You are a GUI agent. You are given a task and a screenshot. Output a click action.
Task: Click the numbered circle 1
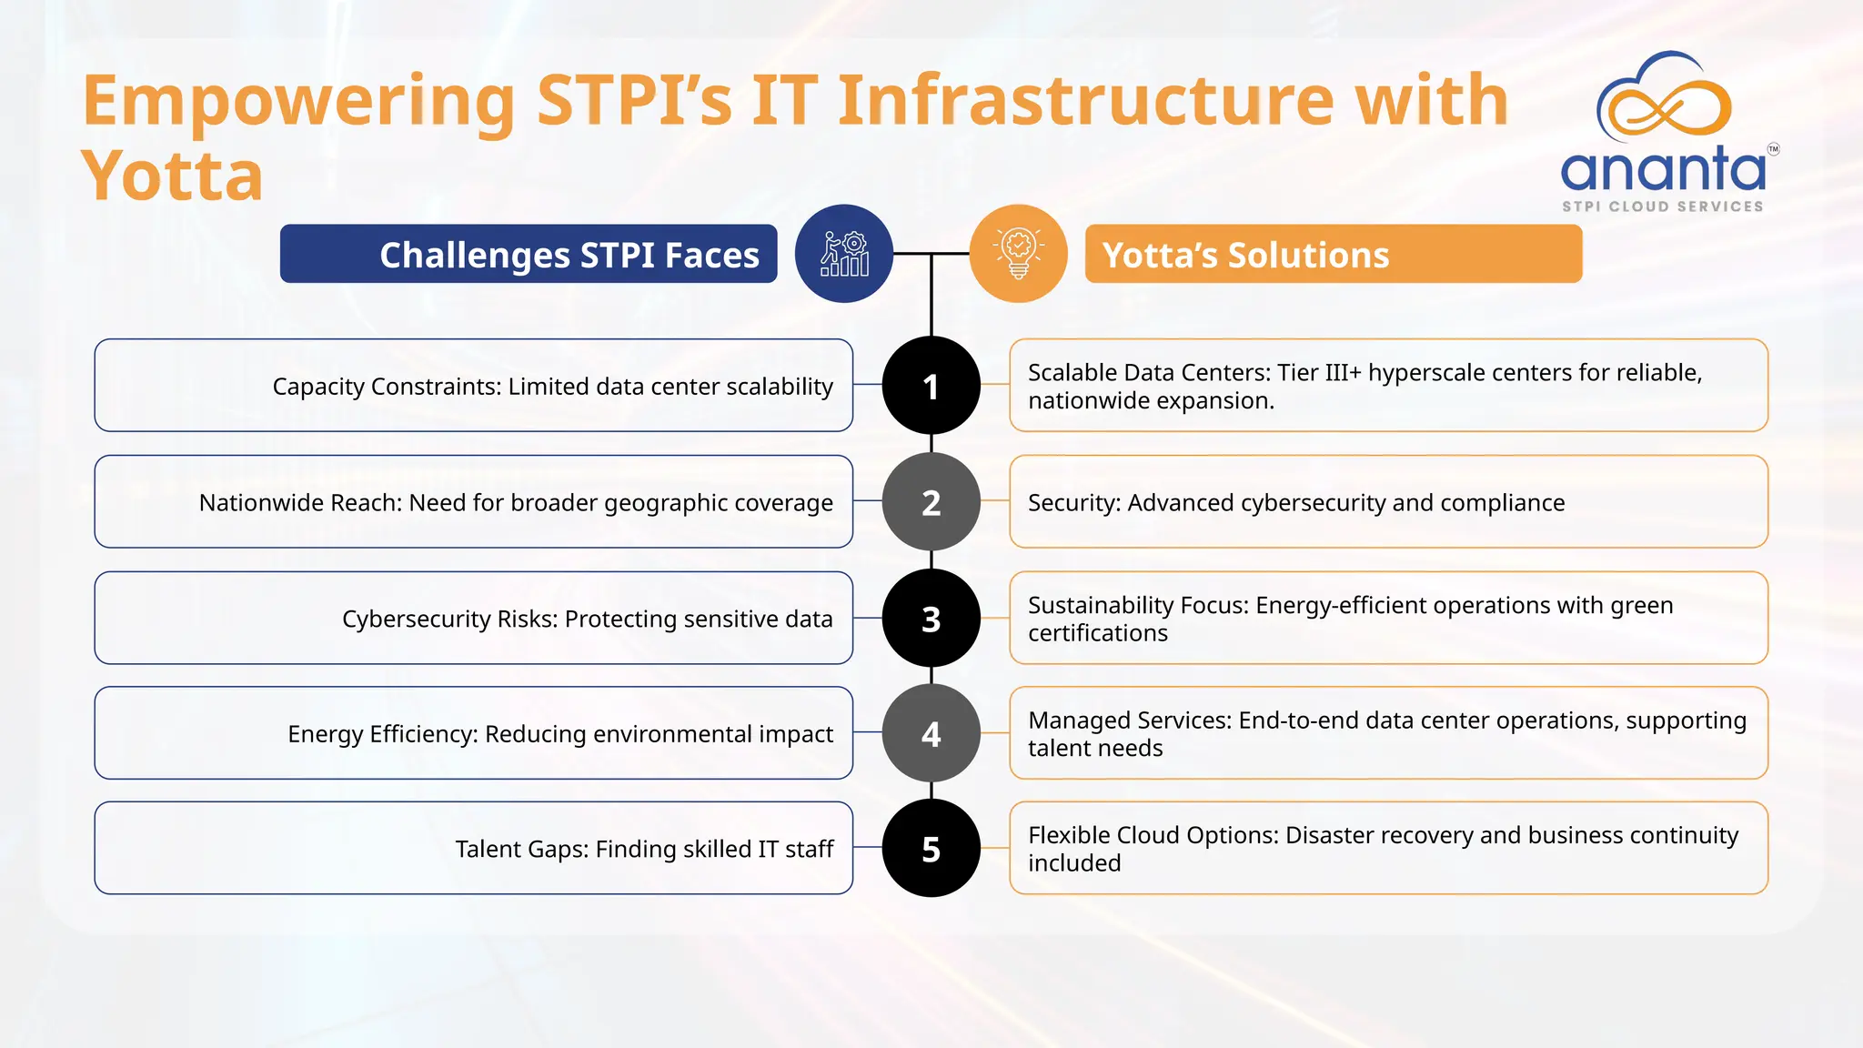[x=931, y=386]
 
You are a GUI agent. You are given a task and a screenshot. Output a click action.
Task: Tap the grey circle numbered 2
[x=931, y=502]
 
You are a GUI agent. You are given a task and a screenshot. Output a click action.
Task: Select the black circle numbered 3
[x=931, y=619]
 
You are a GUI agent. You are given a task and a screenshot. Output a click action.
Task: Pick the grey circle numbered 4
[x=931, y=733]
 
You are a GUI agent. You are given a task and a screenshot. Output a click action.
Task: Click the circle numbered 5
[x=931, y=849]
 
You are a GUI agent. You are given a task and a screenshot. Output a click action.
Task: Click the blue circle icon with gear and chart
[x=844, y=254]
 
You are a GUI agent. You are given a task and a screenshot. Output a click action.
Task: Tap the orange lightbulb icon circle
[x=1018, y=254]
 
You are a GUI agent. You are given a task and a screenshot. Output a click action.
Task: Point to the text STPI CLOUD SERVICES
[x=1663, y=207]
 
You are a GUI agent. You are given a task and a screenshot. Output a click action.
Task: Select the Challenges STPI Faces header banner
[x=529, y=255]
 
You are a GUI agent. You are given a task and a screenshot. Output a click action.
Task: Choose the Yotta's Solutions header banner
[x=1334, y=255]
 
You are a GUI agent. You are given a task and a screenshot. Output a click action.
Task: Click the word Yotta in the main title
[x=172, y=176]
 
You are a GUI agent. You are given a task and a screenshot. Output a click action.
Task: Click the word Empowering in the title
[x=298, y=102]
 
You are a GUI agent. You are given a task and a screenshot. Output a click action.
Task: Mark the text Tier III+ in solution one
[x=1319, y=373]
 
